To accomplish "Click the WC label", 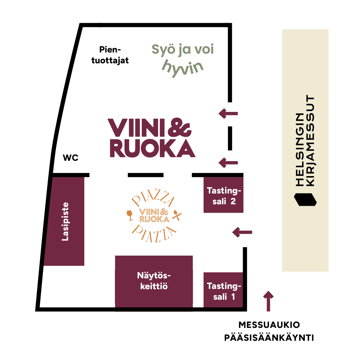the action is pyautogui.click(x=70, y=158).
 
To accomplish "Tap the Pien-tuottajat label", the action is pyautogui.click(x=110, y=55).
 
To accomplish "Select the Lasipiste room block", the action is pyautogui.click(x=64, y=221).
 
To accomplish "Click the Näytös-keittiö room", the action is pyautogui.click(x=154, y=281).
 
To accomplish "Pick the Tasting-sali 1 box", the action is pyautogui.click(x=223, y=289).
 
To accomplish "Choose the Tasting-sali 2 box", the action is pyautogui.click(x=223, y=195).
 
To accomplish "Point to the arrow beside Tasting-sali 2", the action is pyautogui.click(x=242, y=232).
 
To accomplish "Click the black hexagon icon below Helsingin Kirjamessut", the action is pyautogui.click(x=305, y=199).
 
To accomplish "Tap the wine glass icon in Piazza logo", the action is pyautogui.click(x=130, y=215).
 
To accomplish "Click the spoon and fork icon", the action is pyautogui.click(x=177, y=215).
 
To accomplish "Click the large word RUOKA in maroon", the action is pyautogui.click(x=152, y=148).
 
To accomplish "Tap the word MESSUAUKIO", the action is pyautogui.click(x=269, y=325).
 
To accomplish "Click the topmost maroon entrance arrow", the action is pyautogui.click(x=228, y=113).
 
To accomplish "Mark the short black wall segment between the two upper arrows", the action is pyautogui.click(x=230, y=138).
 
